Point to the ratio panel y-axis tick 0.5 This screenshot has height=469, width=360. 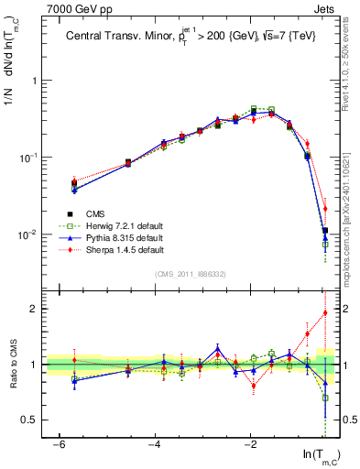(27, 420)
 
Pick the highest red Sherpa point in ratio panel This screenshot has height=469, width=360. (324, 312)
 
